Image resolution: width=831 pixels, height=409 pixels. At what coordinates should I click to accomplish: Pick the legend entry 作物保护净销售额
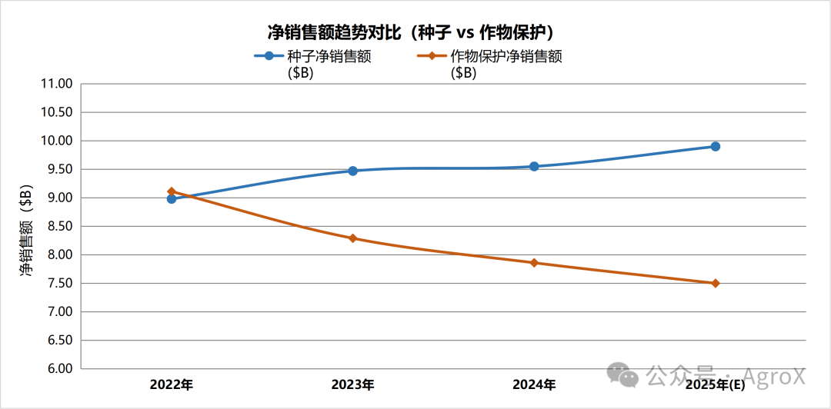coord(506,57)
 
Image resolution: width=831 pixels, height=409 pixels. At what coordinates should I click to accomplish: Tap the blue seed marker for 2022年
coord(172,199)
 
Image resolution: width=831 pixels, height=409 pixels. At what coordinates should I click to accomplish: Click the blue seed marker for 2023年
coord(352,171)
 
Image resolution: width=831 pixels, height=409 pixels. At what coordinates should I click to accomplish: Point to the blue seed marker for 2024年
coord(534,166)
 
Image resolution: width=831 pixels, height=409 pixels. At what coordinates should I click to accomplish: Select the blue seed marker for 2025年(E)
coord(715,146)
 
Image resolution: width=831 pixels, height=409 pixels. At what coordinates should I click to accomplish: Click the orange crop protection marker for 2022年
coord(172,191)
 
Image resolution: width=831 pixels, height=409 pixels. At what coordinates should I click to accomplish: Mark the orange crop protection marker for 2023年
coord(352,238)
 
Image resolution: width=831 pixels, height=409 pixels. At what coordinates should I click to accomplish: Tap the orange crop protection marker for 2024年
coord(534,263)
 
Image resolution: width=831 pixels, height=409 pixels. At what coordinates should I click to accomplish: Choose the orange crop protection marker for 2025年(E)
coord(715,283)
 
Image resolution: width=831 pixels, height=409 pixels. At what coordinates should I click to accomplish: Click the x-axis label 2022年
coord(172,384)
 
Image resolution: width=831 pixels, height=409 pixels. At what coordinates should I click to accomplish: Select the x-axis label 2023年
coord(352,384)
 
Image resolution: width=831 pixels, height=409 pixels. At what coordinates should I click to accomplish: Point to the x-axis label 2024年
coord(534,384)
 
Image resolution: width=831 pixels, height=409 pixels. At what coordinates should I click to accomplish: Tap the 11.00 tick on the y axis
coord(55,84)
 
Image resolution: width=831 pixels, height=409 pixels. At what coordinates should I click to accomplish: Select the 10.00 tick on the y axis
coord(55,141)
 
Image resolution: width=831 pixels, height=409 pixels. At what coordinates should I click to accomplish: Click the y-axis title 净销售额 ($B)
coord(26,231)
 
